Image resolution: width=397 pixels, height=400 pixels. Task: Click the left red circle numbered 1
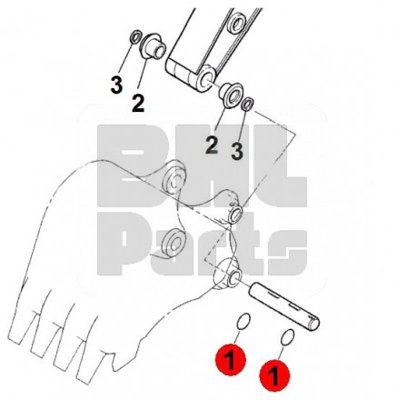coord(231,360)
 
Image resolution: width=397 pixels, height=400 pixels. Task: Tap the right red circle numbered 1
coord(274,375)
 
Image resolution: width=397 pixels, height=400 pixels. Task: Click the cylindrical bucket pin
coord(284,305)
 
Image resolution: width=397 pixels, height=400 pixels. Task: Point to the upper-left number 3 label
coord(116,85)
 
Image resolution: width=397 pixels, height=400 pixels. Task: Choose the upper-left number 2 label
coord(138,103)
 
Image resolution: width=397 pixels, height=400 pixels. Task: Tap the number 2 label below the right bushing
coord(212,145)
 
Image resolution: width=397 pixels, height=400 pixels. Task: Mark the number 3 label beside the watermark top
coord(237,151)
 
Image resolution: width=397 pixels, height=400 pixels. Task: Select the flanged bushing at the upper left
coord(154,46)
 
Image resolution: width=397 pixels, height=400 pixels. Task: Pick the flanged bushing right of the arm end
coord(232,95)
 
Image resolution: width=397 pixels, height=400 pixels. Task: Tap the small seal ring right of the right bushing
coord(248,105)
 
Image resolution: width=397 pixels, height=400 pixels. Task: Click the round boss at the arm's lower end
coord(206,78)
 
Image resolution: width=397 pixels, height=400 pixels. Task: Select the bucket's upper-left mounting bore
coord(174,180)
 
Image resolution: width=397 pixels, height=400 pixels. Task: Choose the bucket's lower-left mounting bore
coord(173,243)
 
